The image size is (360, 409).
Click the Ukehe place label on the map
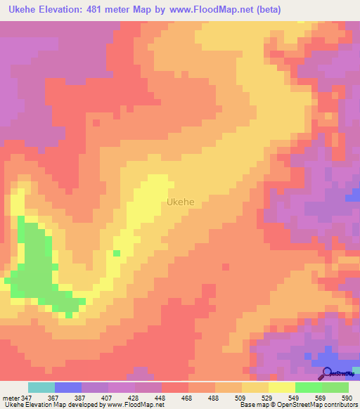pyautogui.click(x=181, y=202)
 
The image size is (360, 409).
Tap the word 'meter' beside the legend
pyautogui.click(x=11, y=397)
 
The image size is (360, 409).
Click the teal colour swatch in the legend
pyautogui.click(x=41, y=387)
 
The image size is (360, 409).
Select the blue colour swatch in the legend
pyautogui.click(x=68, y=387)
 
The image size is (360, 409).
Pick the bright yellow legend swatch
pyautogui.click(x=282, y=387)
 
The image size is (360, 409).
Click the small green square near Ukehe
pyautogui.click(x=116, y=253)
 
